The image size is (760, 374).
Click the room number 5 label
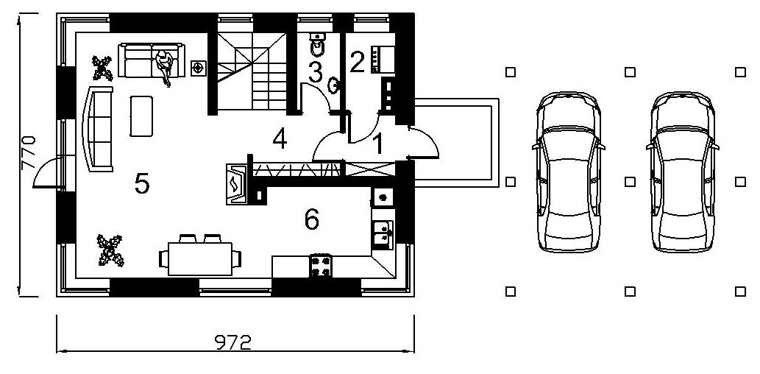click(x=141, y=184)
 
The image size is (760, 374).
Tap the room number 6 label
click(x=312, y=219)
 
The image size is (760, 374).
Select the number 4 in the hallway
click(x=280, y=139)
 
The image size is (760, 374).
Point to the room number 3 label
click(x=315, y=73)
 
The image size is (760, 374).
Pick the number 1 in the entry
click(x=379, y=144)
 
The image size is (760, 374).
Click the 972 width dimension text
click(x=233, y=343)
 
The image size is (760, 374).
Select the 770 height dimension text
click(x=29, y=152)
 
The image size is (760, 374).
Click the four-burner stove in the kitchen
click(x=320, y=266)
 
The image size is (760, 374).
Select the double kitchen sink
click(x=383, y=234)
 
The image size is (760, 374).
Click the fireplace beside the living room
click(x=237, y=184)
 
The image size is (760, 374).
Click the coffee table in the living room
click(x=141, y=116)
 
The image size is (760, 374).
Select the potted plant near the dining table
click(x=110, y=250)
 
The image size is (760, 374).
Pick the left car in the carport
click(x=568, y=172)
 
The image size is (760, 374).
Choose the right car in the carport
click(x=683, y=172)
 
